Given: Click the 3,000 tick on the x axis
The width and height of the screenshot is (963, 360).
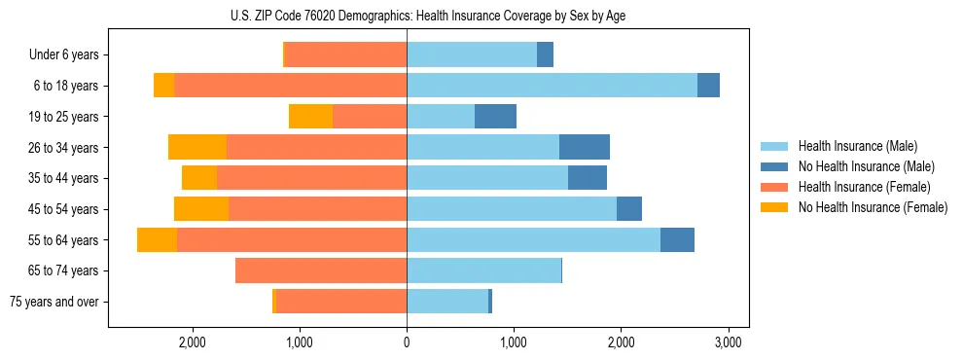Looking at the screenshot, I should click(729, 342).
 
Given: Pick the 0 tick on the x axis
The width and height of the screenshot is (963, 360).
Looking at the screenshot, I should click(407, 342).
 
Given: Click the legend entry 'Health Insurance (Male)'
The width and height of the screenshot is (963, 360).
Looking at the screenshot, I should click(857, 146).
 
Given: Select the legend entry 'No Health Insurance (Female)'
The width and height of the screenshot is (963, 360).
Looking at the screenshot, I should click(873, 207).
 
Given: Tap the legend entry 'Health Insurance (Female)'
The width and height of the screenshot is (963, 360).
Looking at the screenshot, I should click(865, 187).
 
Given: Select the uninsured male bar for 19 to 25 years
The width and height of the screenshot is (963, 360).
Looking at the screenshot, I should click(495, 117).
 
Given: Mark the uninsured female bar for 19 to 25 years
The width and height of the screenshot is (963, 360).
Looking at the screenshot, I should click(310, 117).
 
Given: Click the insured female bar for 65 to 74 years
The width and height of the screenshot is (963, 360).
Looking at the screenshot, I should click(321, 270).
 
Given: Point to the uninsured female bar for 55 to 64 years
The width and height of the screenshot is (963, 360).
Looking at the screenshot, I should click(157, 240).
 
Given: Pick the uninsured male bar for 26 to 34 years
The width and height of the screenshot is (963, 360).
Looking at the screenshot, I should click(585, 148).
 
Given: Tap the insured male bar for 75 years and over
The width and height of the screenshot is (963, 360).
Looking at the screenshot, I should click(447, 302).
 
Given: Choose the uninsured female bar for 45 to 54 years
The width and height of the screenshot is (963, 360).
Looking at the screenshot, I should click(201, 209).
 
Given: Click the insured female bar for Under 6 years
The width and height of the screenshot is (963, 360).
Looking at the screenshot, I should click(345, 55).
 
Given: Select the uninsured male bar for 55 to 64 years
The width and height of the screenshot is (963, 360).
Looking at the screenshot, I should click(677, 240).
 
